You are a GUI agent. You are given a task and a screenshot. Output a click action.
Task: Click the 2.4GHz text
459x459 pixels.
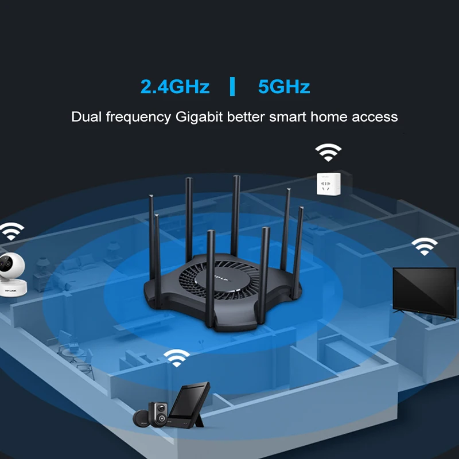(x=175, y=87)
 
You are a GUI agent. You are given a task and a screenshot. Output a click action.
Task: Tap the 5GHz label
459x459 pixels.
(x=284, y=87)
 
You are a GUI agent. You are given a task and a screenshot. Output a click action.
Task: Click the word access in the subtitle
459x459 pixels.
(x=375, y=116)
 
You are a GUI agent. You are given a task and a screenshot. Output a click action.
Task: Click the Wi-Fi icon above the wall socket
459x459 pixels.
(x=328, y=152)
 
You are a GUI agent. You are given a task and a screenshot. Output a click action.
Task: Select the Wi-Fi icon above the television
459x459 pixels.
(x=424, y=246)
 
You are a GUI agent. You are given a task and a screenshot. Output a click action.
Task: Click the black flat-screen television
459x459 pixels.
(x=425, y=291)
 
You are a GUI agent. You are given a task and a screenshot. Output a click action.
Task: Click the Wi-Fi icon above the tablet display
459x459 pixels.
(x=177, y=357)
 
